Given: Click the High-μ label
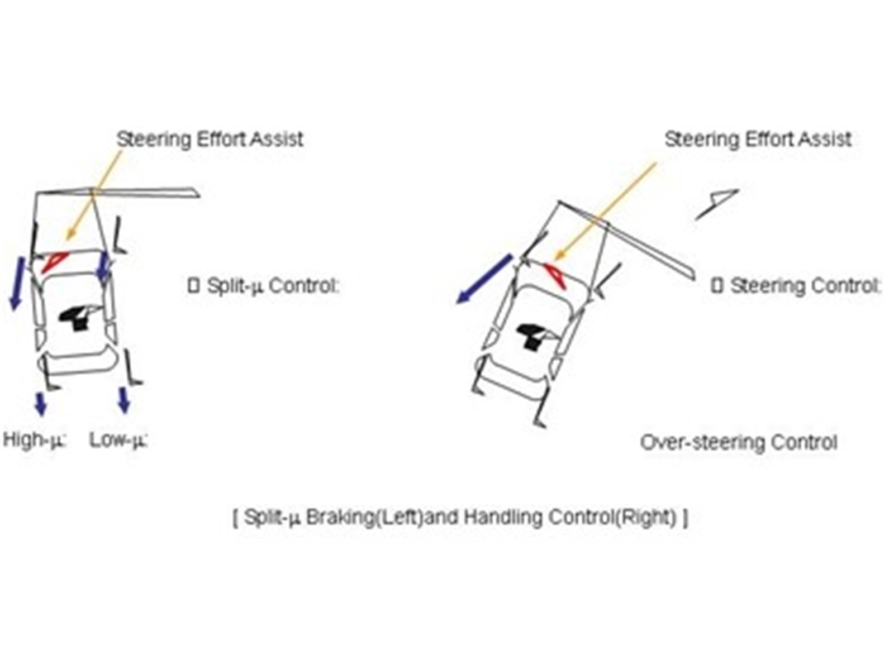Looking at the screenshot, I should click(35, 440).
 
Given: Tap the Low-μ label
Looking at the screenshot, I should click(118, 440).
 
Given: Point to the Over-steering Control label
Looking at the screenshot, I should click(738, 443).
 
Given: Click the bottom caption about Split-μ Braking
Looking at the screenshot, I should click(460, 518).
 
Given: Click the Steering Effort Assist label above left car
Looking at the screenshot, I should click(210, 139).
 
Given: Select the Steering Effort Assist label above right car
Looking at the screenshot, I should click(758, 139).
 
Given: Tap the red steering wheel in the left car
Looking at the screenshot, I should click(54, 261).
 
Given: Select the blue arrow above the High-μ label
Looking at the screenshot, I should click(40, 403).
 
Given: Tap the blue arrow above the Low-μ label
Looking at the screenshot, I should click(124, 400).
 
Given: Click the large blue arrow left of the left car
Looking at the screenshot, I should click(17, 283).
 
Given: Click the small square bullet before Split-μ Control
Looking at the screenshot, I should click(193, 286).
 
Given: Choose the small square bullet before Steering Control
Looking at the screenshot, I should click(717, 286).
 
